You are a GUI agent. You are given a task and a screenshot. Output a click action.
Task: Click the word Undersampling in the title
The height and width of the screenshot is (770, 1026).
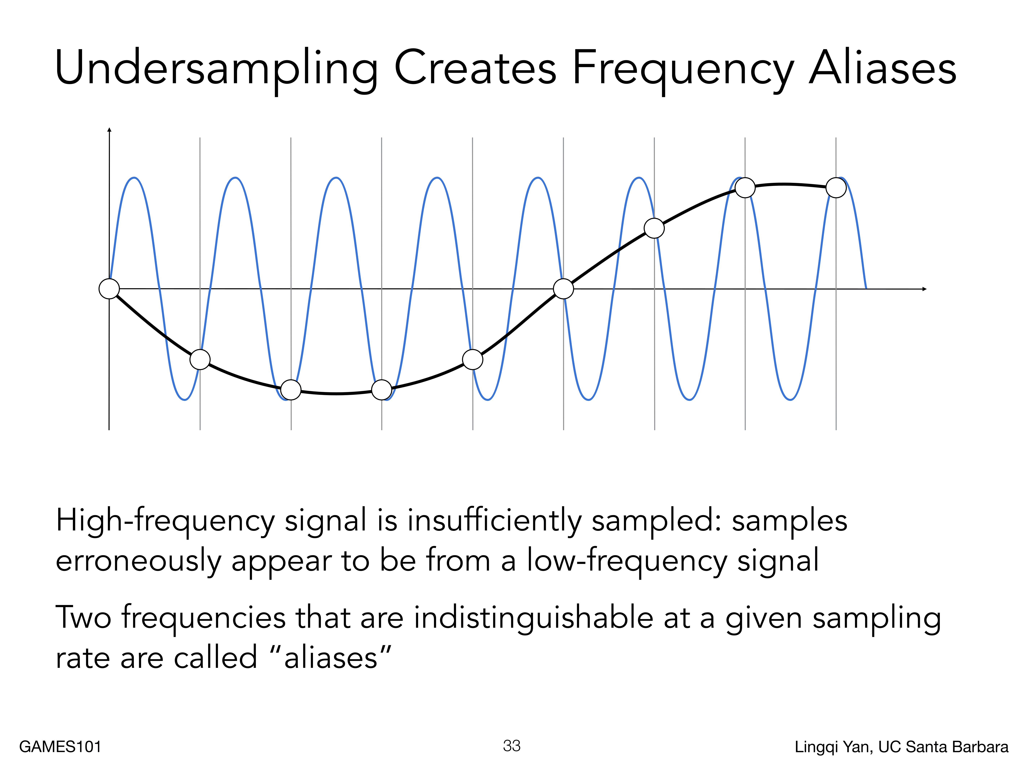click(x=216, y=70)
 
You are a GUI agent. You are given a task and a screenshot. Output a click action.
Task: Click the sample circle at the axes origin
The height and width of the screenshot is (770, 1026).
click(x=109, y=289)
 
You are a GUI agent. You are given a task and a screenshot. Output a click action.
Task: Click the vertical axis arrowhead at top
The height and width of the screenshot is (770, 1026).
click(x=109, y=129)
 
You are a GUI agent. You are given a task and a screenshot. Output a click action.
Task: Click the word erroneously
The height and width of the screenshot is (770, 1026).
click(x=138, y=562)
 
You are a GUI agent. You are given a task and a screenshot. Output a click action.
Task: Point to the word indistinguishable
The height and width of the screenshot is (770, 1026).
click(x=533, y=619)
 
